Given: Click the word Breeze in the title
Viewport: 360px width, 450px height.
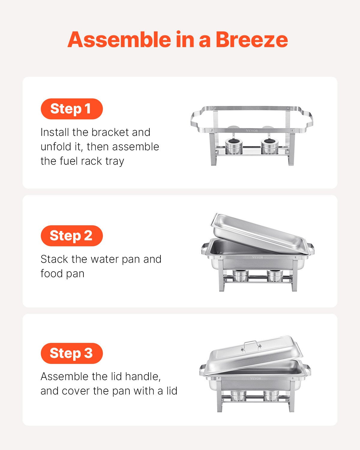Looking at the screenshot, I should coord(251,40).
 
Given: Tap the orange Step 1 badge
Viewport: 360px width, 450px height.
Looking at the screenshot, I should coord(71,109).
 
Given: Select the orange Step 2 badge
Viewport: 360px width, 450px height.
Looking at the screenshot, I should coord(71,236).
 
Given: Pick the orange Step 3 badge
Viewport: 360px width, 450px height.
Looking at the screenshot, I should coord(71,353).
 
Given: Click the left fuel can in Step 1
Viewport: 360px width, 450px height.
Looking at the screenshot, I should coord(234,146).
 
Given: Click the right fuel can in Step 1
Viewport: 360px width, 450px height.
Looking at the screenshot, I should coord(269,146).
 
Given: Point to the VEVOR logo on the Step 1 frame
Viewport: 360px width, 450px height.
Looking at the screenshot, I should coord(252,131).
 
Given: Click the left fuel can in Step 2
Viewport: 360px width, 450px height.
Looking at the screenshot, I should coord(240,276).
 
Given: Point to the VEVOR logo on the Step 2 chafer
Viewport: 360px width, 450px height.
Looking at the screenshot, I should coord(257,257).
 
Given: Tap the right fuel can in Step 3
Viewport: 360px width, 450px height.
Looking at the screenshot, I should coord(271,396).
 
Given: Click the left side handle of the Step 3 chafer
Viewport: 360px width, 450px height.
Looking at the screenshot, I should coord(203,371).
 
